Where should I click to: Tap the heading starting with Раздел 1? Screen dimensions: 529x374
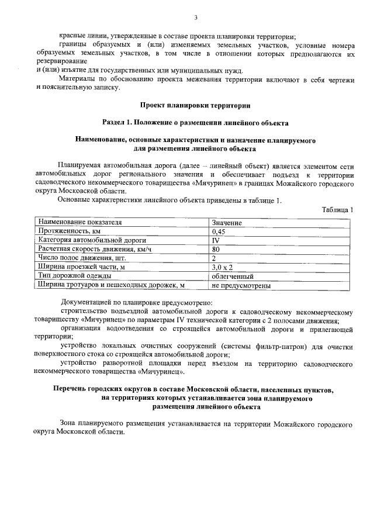195,123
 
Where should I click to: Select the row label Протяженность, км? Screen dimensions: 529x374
70,231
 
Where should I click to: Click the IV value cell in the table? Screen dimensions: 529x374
216,240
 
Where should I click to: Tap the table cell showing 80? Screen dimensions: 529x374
216,249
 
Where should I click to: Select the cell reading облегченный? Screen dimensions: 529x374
233,276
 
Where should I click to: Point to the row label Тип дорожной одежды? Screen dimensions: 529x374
73,276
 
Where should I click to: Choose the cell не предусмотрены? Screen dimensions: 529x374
241,285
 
